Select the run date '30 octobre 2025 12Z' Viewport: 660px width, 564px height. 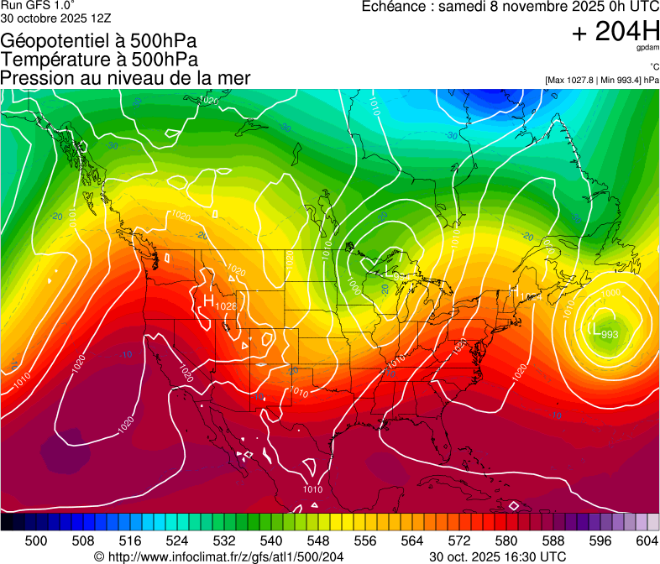(55, 17)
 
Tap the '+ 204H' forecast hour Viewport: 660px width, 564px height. (615, 32)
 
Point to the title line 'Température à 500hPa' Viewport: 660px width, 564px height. (99, 60)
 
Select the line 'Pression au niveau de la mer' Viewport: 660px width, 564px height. (125, 78)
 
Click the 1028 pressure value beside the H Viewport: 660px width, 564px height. (227, 307)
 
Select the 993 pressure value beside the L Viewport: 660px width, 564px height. (610, 334)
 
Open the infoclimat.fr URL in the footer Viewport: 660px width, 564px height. (226, 556)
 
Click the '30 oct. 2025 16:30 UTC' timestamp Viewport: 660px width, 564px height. (497, 556)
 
